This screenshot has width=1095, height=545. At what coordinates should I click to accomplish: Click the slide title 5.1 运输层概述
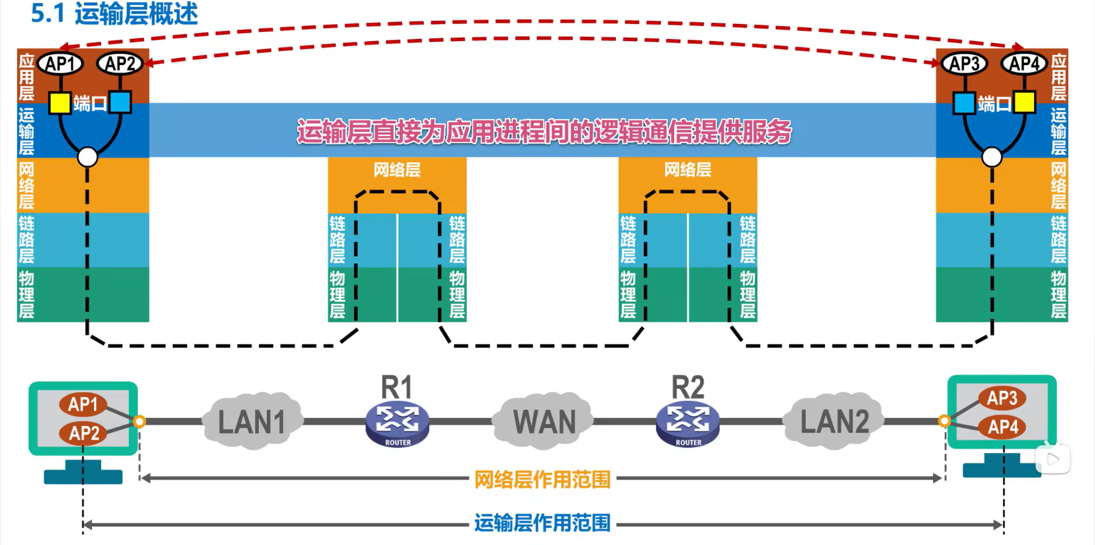[114, 14]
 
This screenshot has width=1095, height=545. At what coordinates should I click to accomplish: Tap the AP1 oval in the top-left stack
[60, 63]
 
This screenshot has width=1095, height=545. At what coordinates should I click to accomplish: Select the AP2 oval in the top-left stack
[120, 63]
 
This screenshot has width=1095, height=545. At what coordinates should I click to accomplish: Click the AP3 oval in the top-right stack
[964, 63]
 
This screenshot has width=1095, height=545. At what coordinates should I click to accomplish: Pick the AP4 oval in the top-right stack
[1024, 63]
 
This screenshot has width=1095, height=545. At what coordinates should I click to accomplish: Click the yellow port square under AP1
[59, 103]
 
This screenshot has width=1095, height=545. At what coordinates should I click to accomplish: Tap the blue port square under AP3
[964, 103]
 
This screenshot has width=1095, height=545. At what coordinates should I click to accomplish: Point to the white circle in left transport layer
[87, 157]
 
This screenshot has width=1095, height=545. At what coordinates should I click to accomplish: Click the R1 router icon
[397, 424]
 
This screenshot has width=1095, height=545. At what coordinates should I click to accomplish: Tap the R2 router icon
[688, 424]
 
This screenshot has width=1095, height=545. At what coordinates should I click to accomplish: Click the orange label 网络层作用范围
[542, 479]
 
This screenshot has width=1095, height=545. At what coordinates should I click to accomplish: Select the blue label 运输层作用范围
[542, 523]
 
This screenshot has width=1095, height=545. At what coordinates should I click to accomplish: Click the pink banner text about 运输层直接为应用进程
[544, 132]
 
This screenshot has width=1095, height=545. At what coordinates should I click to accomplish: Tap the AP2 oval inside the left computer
[83, 433]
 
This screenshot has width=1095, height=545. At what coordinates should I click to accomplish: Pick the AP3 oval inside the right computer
[1002, 397]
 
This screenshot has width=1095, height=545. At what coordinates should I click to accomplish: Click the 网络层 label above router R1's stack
[397, 169]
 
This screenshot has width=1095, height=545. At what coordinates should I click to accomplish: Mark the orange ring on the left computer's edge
[139, 421]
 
